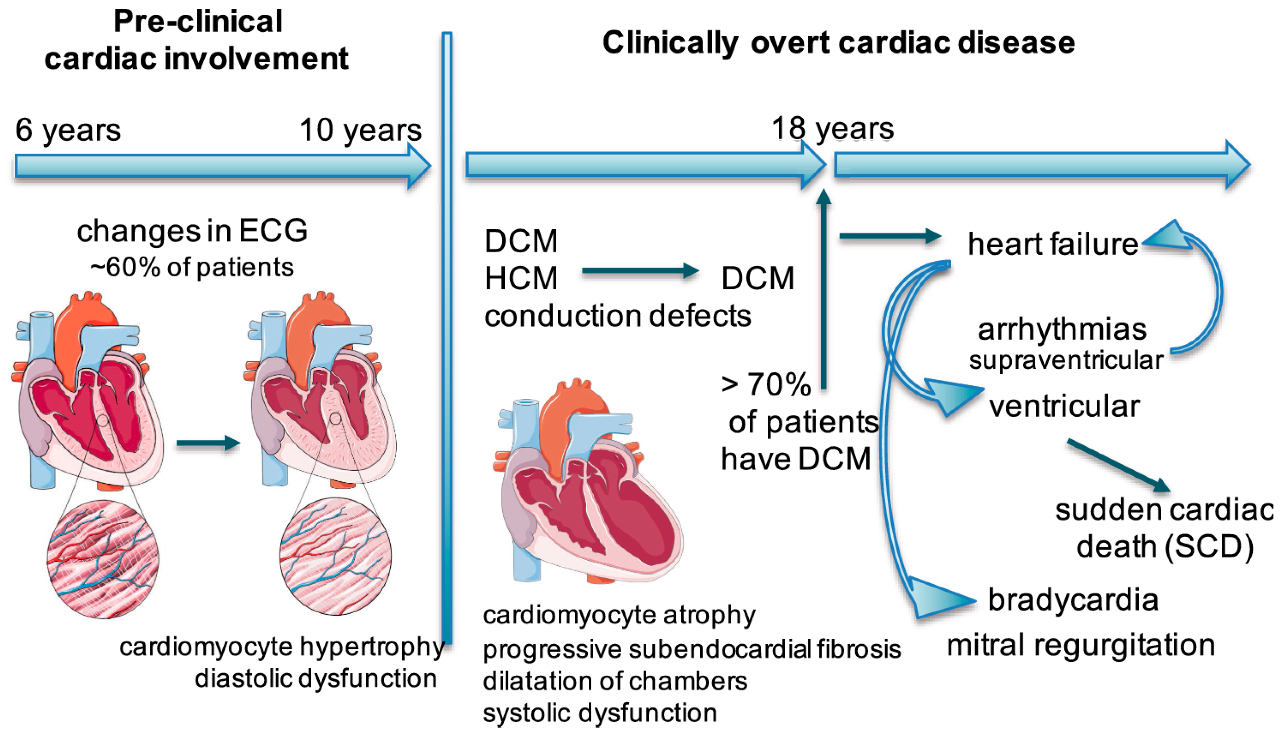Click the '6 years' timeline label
tap(68, 130)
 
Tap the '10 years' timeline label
tap(360, 130)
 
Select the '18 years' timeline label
tap(832, 128)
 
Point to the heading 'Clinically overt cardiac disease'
tap(838, 43)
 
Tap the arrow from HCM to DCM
tap(639, 271)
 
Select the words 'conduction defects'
tap(617, 317)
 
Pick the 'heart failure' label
tap(1052, 245)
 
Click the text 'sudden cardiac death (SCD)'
tap(1164, 528)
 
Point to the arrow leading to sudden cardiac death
tap(1118, 465)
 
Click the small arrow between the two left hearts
tap(208, 443)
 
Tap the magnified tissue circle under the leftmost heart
tap(103, 559)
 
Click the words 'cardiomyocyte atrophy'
tap(619, 615)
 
